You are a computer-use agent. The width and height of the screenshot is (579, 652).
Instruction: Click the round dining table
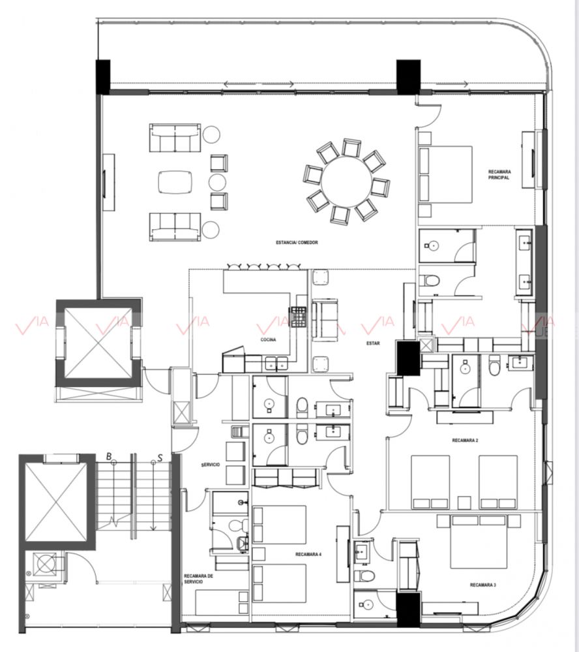[346, 181]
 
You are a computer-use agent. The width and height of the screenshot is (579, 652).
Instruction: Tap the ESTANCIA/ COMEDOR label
[297, 242]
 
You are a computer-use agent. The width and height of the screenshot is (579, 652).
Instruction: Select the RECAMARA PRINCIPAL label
[499, 175]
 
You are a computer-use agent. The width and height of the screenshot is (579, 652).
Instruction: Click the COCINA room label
[268, 340]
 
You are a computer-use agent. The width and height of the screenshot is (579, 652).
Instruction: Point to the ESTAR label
[372, 343]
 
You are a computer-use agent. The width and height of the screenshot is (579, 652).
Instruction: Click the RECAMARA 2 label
[465, 441]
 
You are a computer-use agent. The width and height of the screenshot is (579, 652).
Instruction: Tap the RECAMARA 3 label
[482, 585]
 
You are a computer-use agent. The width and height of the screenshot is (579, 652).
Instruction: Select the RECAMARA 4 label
[308, 554]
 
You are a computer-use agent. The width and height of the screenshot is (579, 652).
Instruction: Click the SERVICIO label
[210, 465]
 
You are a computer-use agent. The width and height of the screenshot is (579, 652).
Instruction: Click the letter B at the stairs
[108, 456]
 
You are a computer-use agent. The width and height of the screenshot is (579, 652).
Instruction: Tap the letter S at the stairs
[160, 458]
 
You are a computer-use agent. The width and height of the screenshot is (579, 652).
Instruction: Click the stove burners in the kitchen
[298, 317]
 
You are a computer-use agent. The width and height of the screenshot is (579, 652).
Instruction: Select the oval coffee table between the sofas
[175, 181]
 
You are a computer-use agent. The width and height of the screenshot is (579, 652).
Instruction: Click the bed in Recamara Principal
[445, 174]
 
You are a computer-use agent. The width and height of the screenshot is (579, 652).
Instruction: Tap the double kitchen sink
[277, 363]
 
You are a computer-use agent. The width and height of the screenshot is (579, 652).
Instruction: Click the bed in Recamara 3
[479, 542]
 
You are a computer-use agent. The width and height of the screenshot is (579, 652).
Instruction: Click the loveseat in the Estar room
[325, 319]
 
